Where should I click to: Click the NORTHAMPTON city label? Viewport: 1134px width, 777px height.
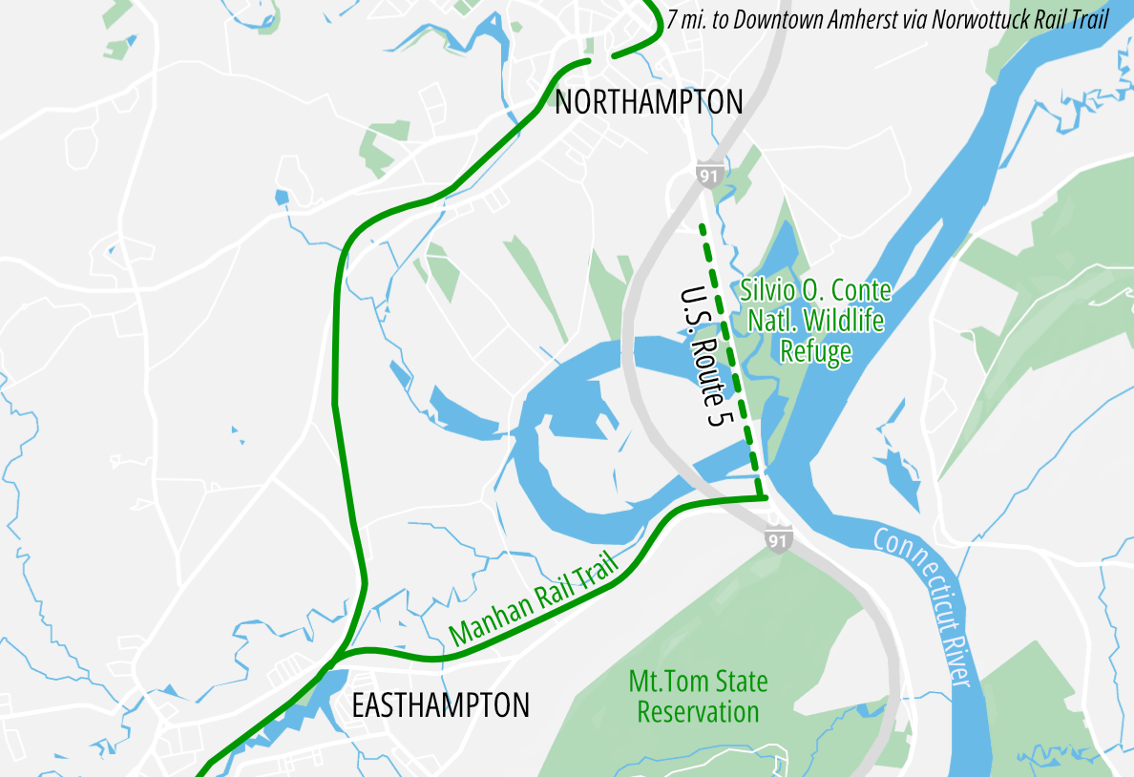(x=648, y=102)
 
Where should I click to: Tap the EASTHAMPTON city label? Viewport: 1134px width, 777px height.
(x=440, y=705)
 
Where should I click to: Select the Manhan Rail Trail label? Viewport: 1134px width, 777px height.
(x=534, y=604)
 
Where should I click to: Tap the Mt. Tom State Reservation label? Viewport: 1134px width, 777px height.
(x=698, y=697)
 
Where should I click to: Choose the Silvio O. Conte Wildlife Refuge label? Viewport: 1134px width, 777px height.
(x=816, y=321)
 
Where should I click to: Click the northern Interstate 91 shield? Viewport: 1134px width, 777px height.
(x=707, y=177)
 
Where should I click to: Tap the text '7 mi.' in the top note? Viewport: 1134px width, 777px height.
(x=688, y=20)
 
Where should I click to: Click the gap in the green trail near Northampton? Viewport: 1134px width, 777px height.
(x=600, y=58)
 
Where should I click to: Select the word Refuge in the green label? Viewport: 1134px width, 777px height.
(x=815, y=352)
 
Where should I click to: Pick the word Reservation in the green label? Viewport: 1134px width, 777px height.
(x=698, y=712)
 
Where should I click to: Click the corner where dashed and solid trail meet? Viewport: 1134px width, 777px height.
(x=766, y=497)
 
